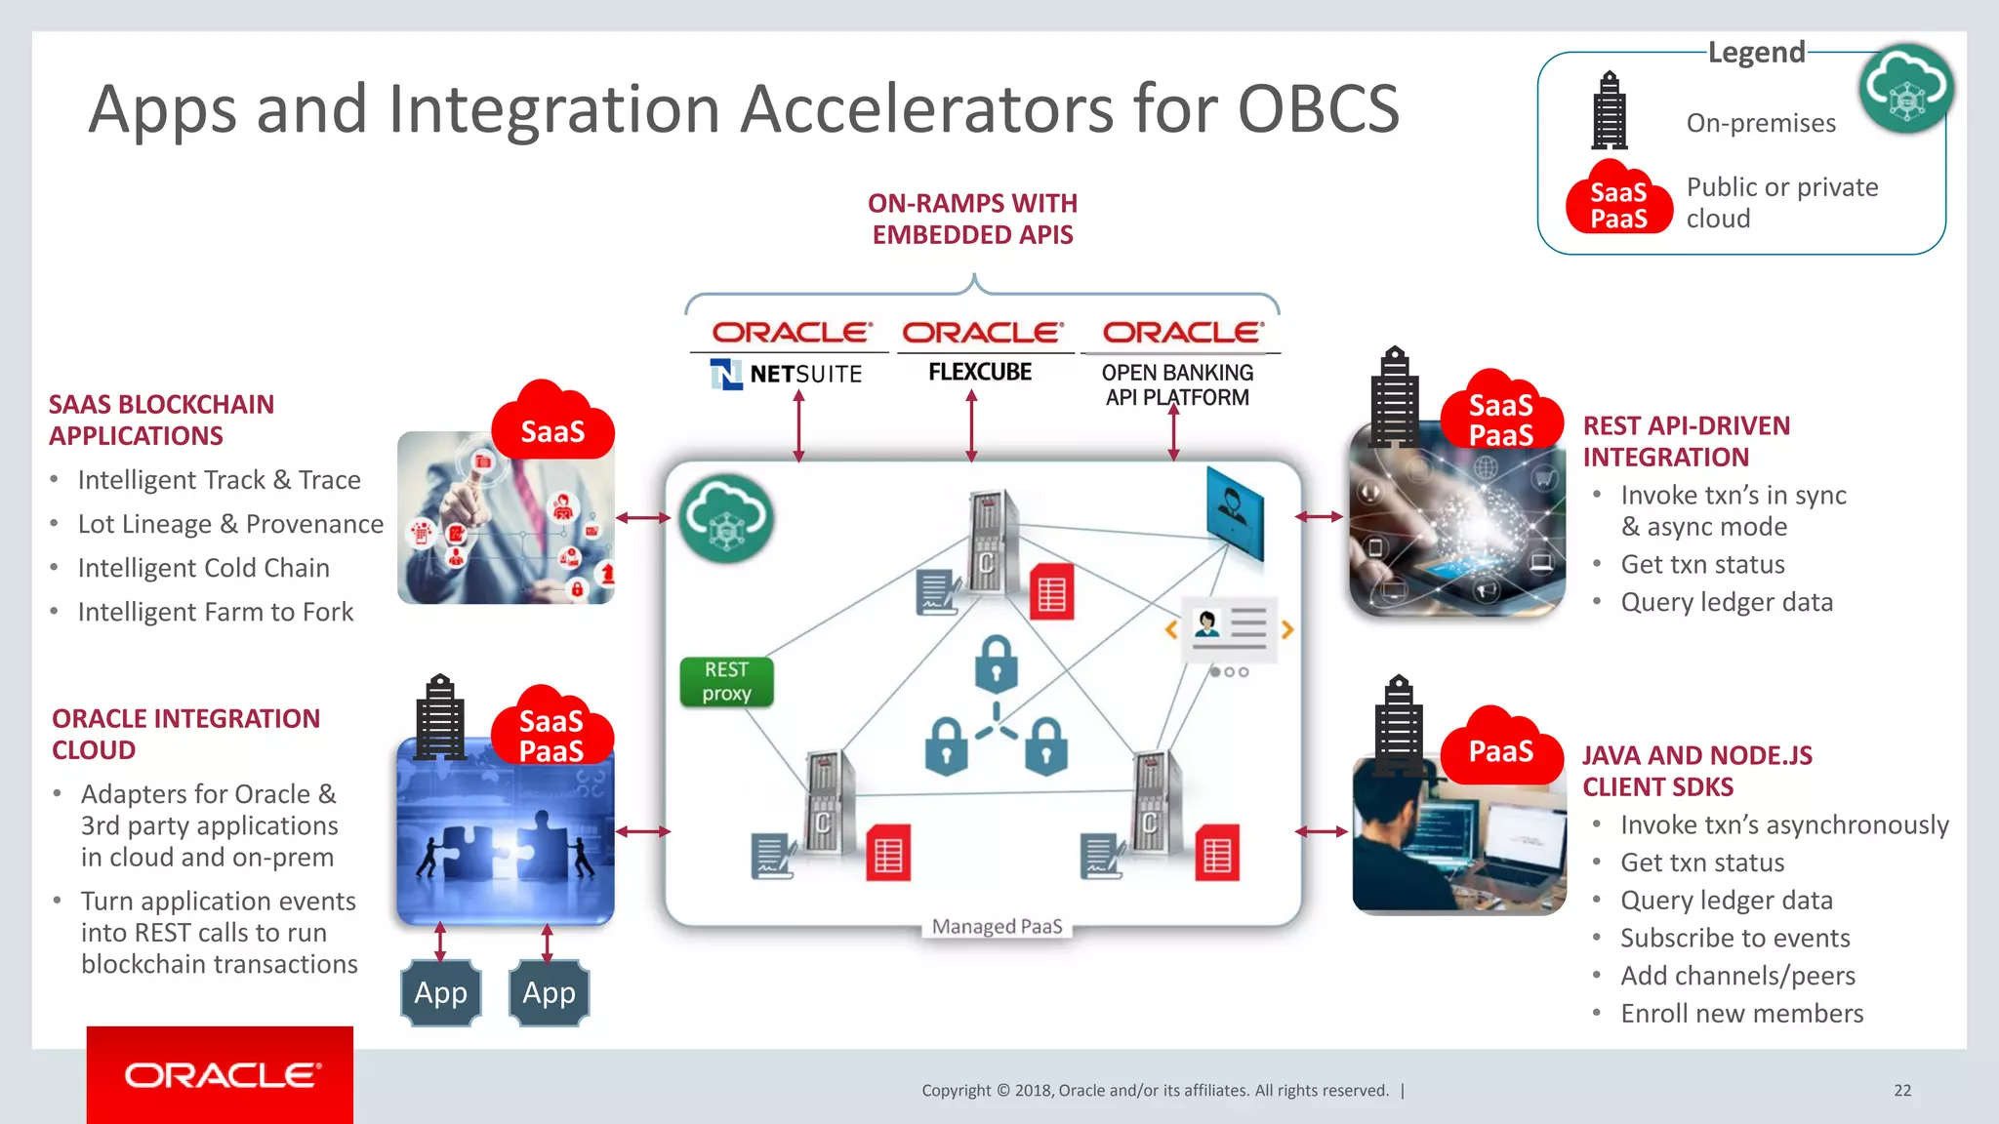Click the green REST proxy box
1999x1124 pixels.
726,681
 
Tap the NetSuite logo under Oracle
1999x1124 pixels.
787,374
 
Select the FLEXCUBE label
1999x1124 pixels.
979,372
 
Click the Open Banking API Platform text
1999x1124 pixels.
1176,384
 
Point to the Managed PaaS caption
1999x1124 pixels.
997,926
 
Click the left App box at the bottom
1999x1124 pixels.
441,992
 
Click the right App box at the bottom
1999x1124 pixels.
550,992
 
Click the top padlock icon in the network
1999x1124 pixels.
996,664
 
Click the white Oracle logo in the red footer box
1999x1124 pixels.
222,1075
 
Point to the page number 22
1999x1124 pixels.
1902,1090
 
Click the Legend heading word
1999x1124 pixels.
1756,52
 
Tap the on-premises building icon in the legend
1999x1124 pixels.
1610,110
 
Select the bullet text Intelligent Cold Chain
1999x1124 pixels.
203,568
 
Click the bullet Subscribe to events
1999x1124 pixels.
1734,938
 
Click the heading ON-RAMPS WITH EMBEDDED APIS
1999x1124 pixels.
972,219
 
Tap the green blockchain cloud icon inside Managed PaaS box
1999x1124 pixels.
726,518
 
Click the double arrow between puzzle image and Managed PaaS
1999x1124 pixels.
642,831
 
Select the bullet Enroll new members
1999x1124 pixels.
1741,1013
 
